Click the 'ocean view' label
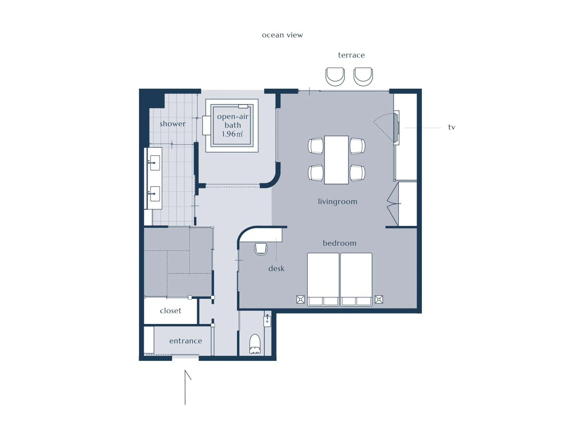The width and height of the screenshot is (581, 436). [282, 35]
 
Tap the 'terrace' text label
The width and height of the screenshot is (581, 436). [351, 55]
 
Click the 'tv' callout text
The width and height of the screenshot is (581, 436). [451, 128]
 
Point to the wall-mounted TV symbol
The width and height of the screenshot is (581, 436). [396, 128]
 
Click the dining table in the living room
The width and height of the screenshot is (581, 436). [336, 160]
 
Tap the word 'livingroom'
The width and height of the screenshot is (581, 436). [338, 202]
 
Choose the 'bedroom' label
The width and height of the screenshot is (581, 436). [339, 243]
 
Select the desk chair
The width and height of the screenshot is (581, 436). [261, 249]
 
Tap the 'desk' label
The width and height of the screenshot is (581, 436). [276, 269]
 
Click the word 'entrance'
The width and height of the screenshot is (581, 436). [186, 341]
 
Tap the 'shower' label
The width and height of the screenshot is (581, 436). [173, 124]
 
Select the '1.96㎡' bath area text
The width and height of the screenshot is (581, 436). [232, 134]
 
